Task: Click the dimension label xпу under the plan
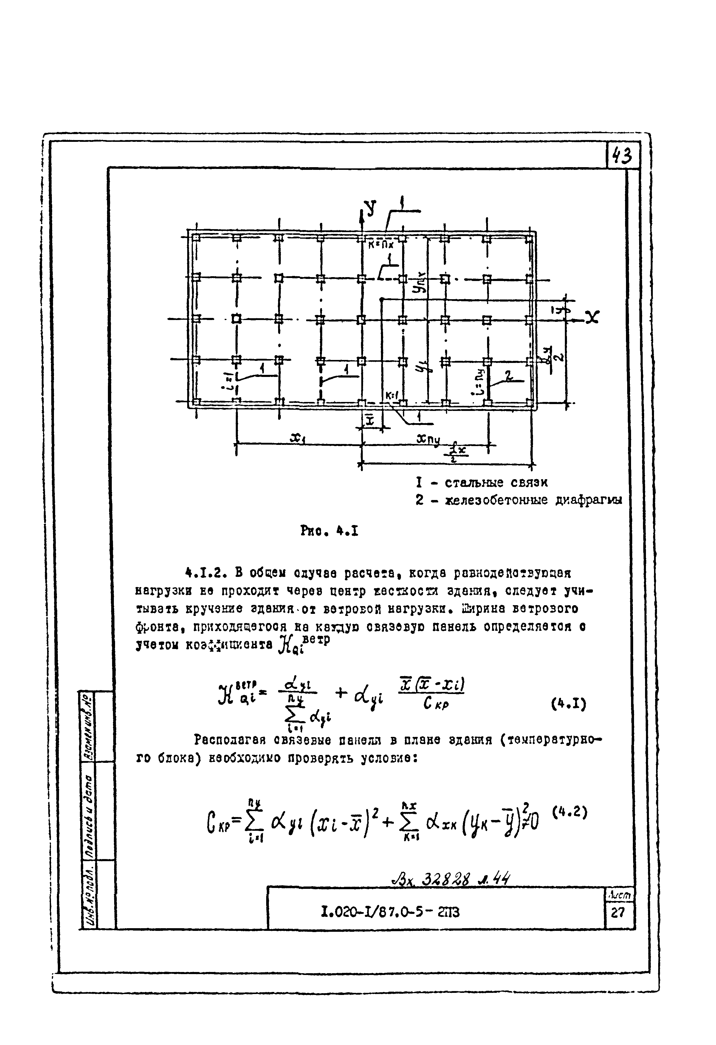click(428, 438)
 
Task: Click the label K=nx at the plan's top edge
click(380, 245)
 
